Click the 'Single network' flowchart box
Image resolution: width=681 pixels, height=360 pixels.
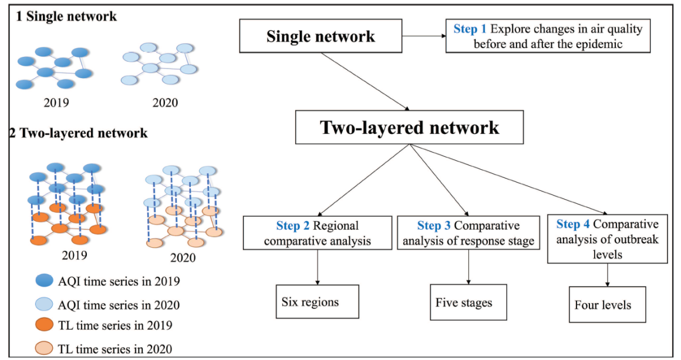321,36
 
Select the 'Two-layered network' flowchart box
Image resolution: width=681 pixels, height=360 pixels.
409,127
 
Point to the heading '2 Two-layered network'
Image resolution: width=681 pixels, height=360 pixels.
78,133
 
